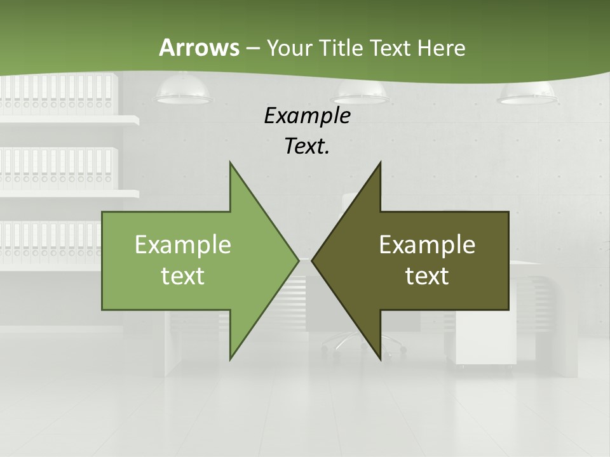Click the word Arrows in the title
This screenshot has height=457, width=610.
pos(198,48)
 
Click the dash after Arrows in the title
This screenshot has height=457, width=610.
pos(252,48)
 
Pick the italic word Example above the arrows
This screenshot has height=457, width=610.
pos(307,116)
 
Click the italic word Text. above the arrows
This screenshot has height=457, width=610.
pos(307,146)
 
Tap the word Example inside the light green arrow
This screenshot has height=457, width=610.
pos(183,244)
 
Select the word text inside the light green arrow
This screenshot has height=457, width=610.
pos(183,275)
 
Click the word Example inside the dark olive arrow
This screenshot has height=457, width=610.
pos(427,244)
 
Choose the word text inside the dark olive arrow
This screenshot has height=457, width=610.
pos(427,275)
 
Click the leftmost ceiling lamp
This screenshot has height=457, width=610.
pos(184,91)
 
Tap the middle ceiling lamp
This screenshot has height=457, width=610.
pos(360,93)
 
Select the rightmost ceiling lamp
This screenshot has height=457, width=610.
pos(528,94)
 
